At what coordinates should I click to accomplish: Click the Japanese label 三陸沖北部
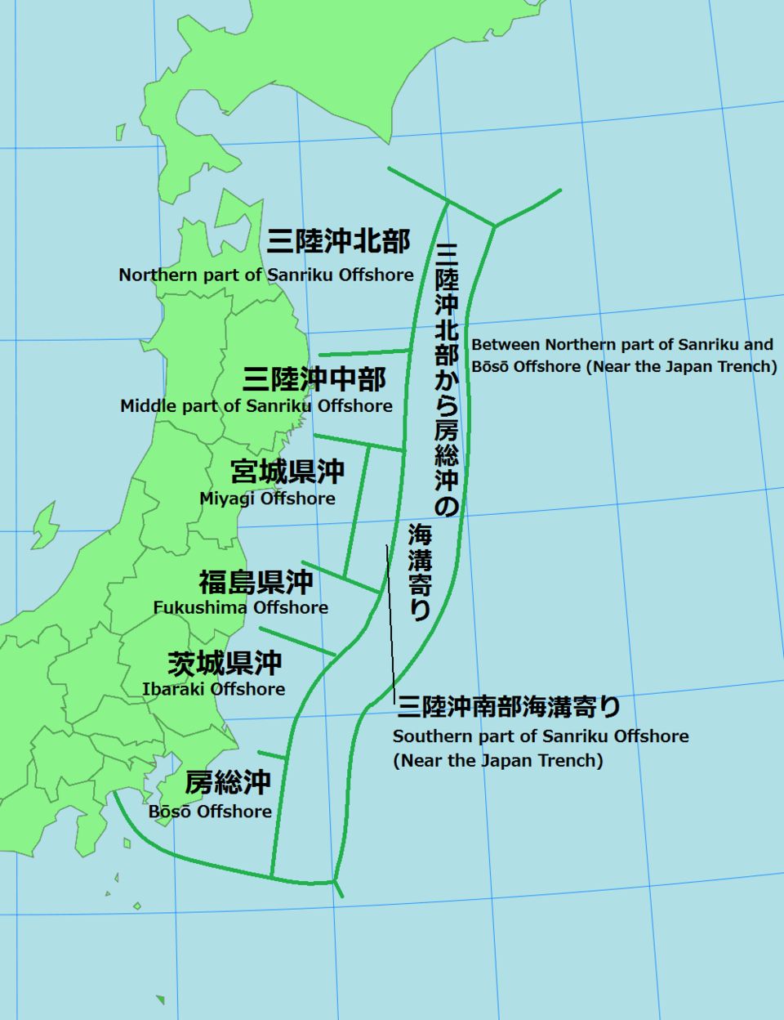[x=338, y=241]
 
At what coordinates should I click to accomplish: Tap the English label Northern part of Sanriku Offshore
[x=266, y=275]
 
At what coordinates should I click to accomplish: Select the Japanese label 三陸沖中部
[x=314, y=379]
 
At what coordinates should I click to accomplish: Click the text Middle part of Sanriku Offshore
[x=256, y=406]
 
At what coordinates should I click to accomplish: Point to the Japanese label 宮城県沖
[x=287, y=472]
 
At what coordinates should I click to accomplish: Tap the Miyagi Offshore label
[x=267, y=499]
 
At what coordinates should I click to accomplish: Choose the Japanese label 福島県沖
[x=256, y=582]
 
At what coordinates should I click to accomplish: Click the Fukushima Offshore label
[x=241, y=608]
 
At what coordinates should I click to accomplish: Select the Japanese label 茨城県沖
[x=225, y=663]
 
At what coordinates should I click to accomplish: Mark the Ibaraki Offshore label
[x=214, y=690]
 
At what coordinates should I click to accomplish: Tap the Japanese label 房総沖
[x=228, y=783]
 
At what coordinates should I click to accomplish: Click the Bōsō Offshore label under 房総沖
[x=210, y=812]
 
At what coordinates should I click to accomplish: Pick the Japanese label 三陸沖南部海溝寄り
[x=509, y=706]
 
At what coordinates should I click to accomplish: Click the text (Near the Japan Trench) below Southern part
[x=498, y=761]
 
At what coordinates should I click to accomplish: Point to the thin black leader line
[x=391, y=621]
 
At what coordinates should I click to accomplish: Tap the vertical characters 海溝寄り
[x=420, y=572]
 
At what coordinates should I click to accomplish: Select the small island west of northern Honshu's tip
[x=121, y=132]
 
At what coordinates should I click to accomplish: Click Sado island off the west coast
[x=45, y=526]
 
